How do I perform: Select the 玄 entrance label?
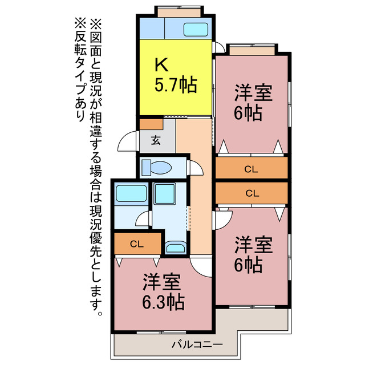pyautogui.click(x=156, y=140)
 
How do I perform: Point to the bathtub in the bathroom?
pyautogui.click(x=131, y=194)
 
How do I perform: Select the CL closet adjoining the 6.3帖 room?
pyautogui.click(x=136, y=244)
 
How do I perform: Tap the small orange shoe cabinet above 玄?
pyautogui.click(x=151, y=124)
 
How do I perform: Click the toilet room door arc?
pyautogui.click(x=196, y=169)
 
